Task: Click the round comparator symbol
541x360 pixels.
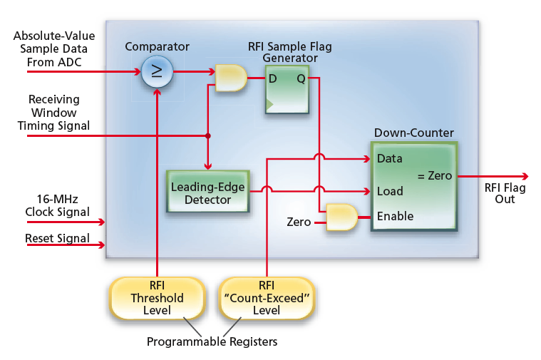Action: pos(156,72)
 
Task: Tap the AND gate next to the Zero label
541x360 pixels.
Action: pos(341,217)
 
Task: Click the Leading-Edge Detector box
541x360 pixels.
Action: pos(207,192)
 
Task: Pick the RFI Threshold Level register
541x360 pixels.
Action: pos(156,298)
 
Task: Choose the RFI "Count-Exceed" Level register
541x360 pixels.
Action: pos(266,298)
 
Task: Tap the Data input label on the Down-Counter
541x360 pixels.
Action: pos(389,158)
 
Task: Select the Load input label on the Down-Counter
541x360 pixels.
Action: pos(389,191)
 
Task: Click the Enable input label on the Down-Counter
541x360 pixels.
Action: pos(395,216)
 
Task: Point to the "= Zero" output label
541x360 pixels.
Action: pos(433,175)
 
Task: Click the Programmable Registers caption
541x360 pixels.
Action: pos(212,341)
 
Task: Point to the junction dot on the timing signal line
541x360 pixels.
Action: pos(207,135)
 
